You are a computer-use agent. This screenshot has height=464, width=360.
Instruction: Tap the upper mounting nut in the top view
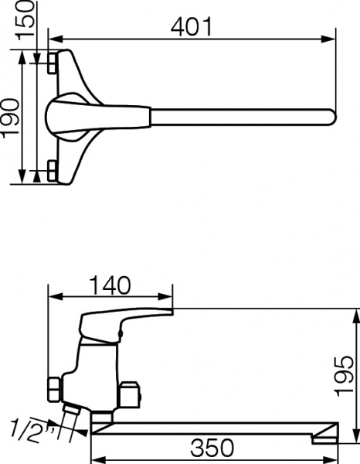(x=51, y=63)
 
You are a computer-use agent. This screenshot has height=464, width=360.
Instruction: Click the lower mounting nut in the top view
(x=51, y=171)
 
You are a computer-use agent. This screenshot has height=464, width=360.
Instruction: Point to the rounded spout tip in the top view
(x=331, y=118)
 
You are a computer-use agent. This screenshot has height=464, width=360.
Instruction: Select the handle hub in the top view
(x=66, y=118)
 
